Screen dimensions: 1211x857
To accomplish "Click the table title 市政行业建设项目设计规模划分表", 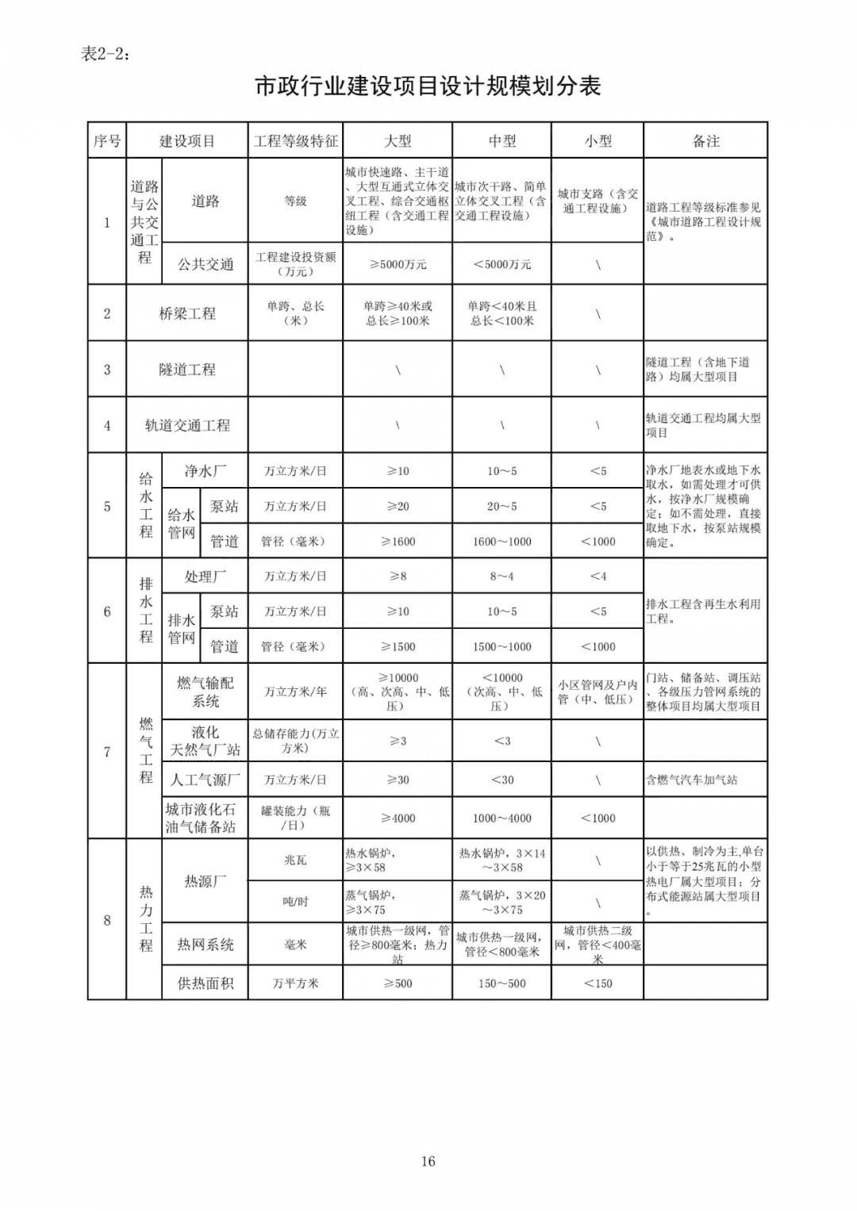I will click(x=428, y=86).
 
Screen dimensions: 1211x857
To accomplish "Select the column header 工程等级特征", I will click(x=295, y=141).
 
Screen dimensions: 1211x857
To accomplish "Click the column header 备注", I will click(x=705, y=141).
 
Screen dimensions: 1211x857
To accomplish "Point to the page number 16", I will click(x=428, y=1161).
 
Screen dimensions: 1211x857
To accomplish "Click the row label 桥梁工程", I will click(x=187, y=313).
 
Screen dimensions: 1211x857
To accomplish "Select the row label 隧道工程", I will click(x=187, y=370).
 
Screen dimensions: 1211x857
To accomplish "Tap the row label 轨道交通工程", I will click(x=187, y=426).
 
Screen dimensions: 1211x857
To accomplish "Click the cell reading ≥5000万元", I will click(x=398, y=264).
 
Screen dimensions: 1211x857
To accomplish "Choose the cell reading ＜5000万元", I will click(x=502, y=264).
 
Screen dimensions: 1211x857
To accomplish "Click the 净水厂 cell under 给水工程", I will click(x=205, y=471).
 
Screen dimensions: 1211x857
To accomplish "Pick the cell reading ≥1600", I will click(x=398, y=542).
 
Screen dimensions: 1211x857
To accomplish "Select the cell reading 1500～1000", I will click(x=502, y=646).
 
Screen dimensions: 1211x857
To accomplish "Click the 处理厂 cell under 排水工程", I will click(x=205, y=577).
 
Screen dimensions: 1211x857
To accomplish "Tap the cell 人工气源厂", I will click(x=205, y=780).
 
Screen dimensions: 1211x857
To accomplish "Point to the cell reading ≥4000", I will click(x=398, y=818).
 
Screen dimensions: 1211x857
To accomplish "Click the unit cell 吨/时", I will click(x=295, y=902).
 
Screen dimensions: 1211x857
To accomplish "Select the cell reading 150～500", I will click(x=502, y=983).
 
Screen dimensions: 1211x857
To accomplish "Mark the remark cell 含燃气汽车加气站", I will click(x=692, y=780).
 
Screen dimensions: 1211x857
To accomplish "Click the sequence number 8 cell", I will click(x=107, y=920).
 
